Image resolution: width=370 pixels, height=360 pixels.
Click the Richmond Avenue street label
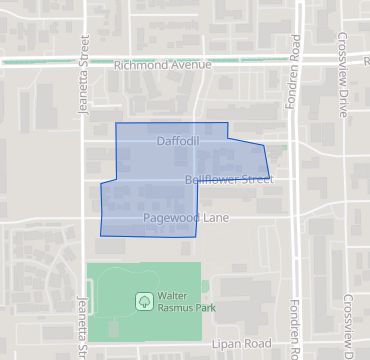click(163, 65)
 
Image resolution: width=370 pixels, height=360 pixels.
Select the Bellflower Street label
click(229, 180)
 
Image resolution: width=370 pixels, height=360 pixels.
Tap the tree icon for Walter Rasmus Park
click(144, 300)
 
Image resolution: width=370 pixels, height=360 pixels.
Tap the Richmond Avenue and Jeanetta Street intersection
click(84, 63)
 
